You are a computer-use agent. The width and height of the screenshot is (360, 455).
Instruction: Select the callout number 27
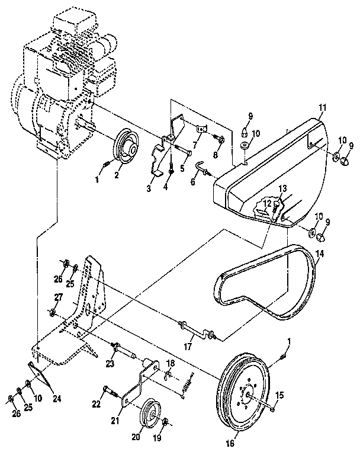point(59,297)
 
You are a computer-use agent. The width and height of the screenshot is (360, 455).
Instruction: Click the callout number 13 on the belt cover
point(283,188)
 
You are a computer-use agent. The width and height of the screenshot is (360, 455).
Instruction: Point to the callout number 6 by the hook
point(192,183)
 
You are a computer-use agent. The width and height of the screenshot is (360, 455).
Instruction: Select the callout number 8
point(216,155)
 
